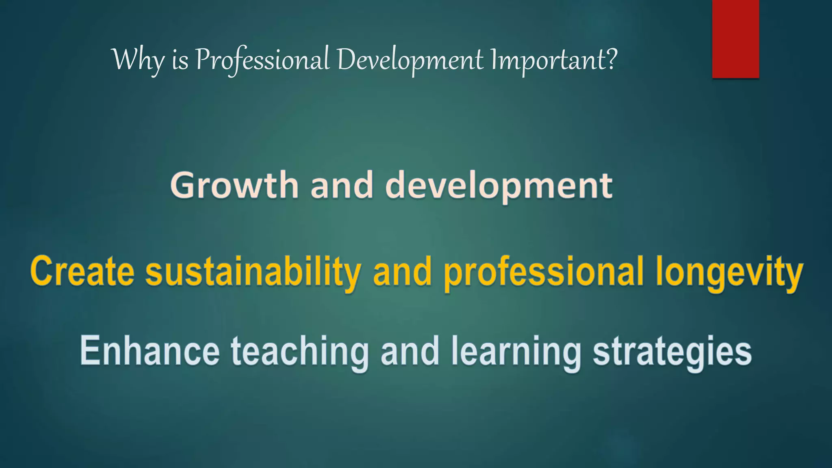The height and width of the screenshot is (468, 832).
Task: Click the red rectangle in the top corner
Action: [735, 39]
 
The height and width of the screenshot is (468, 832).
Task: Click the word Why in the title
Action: [138, 60]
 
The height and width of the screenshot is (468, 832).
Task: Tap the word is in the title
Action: [180, 61]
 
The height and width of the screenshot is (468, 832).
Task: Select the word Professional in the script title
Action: [262, 60]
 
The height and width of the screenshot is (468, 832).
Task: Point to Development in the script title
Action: [410, 60]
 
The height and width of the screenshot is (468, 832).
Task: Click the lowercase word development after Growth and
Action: [499, 186]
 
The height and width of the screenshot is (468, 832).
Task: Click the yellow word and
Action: [402, 271]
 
